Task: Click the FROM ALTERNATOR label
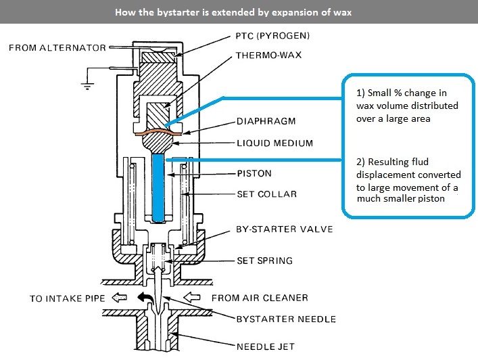[57, 47]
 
